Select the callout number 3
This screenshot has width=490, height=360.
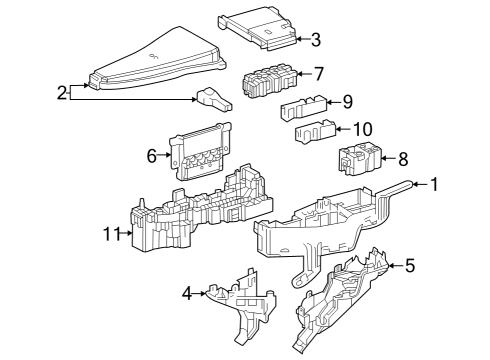(315, 40)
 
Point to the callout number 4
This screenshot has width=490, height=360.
(186, 293)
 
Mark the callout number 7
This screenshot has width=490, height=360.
(319, 73)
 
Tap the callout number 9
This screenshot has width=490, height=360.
(347, 101)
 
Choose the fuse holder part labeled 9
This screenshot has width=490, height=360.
(301, 108)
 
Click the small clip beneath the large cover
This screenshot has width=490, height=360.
(212, 97)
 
